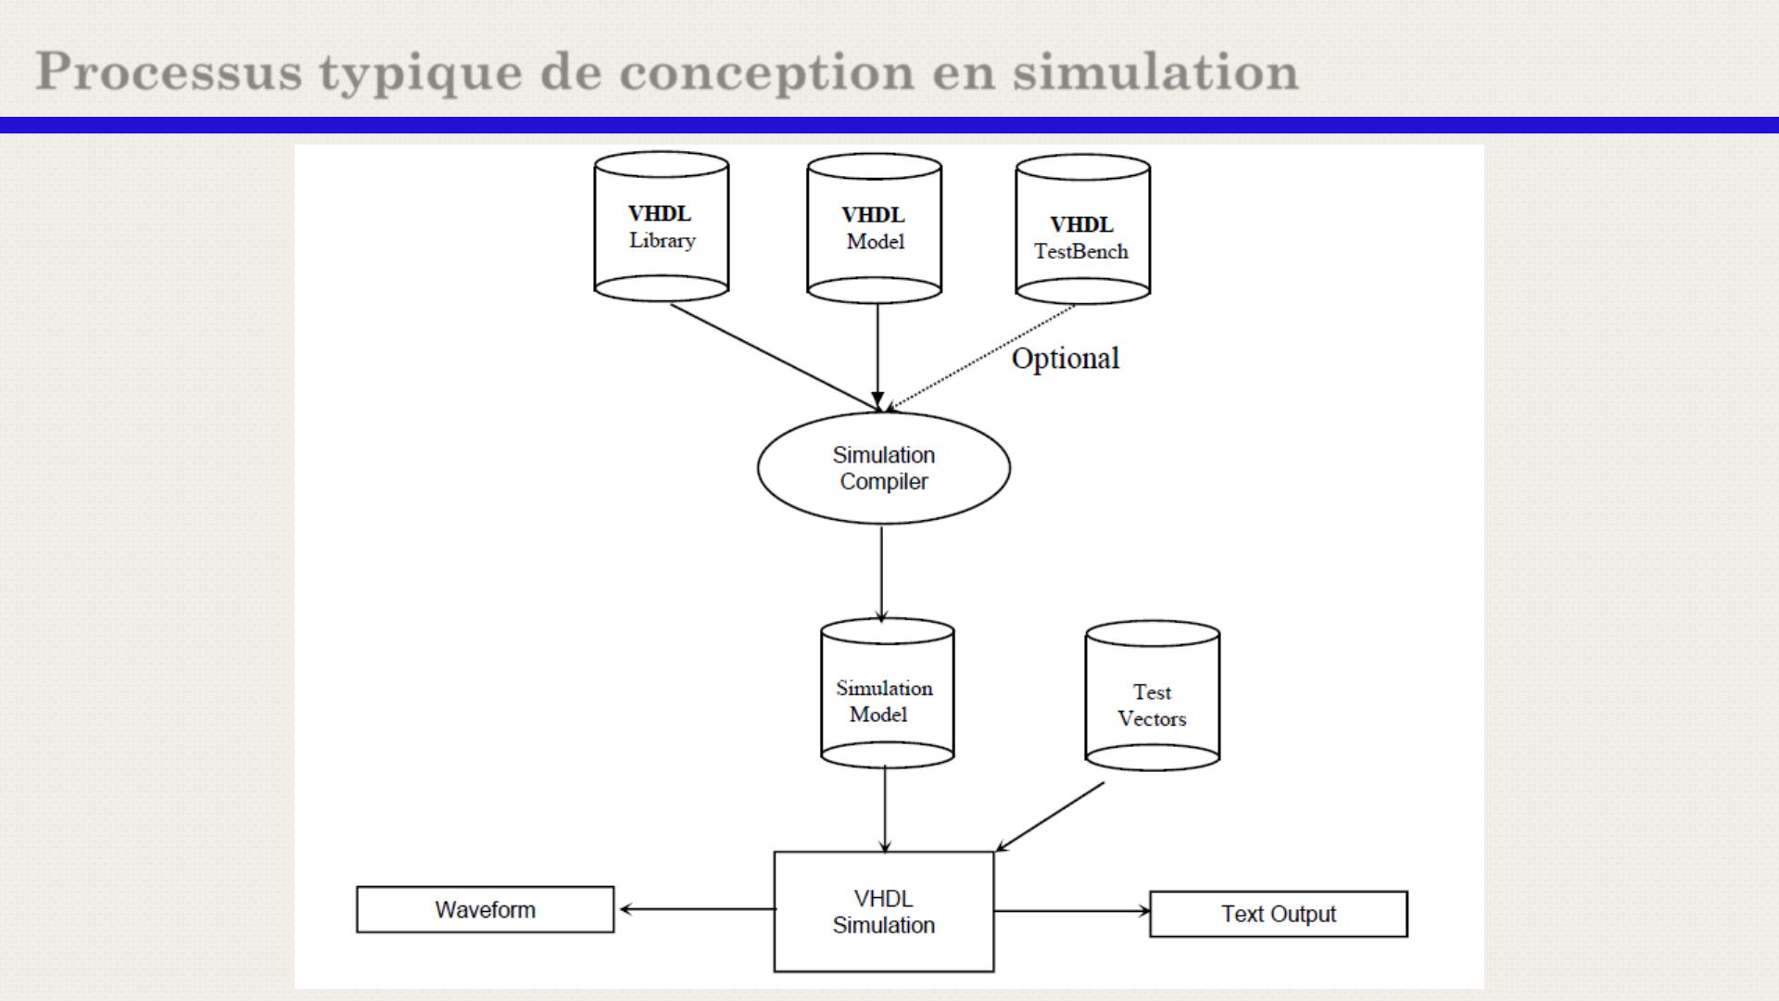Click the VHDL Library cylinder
coord(661,227)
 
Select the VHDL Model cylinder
coord(874,229)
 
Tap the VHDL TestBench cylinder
coord(1082,230)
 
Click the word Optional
coord(1065,359)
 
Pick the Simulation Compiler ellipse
coord(883,468)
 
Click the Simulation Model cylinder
coord(887,693)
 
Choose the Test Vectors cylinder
coord(1152,695)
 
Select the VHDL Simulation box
coord(883,912)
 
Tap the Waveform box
coord(485,910)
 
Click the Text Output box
coord(1278,914)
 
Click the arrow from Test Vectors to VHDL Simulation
coord(1051,817)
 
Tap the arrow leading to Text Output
coord(1071,911)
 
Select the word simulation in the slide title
coord(1155,72)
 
